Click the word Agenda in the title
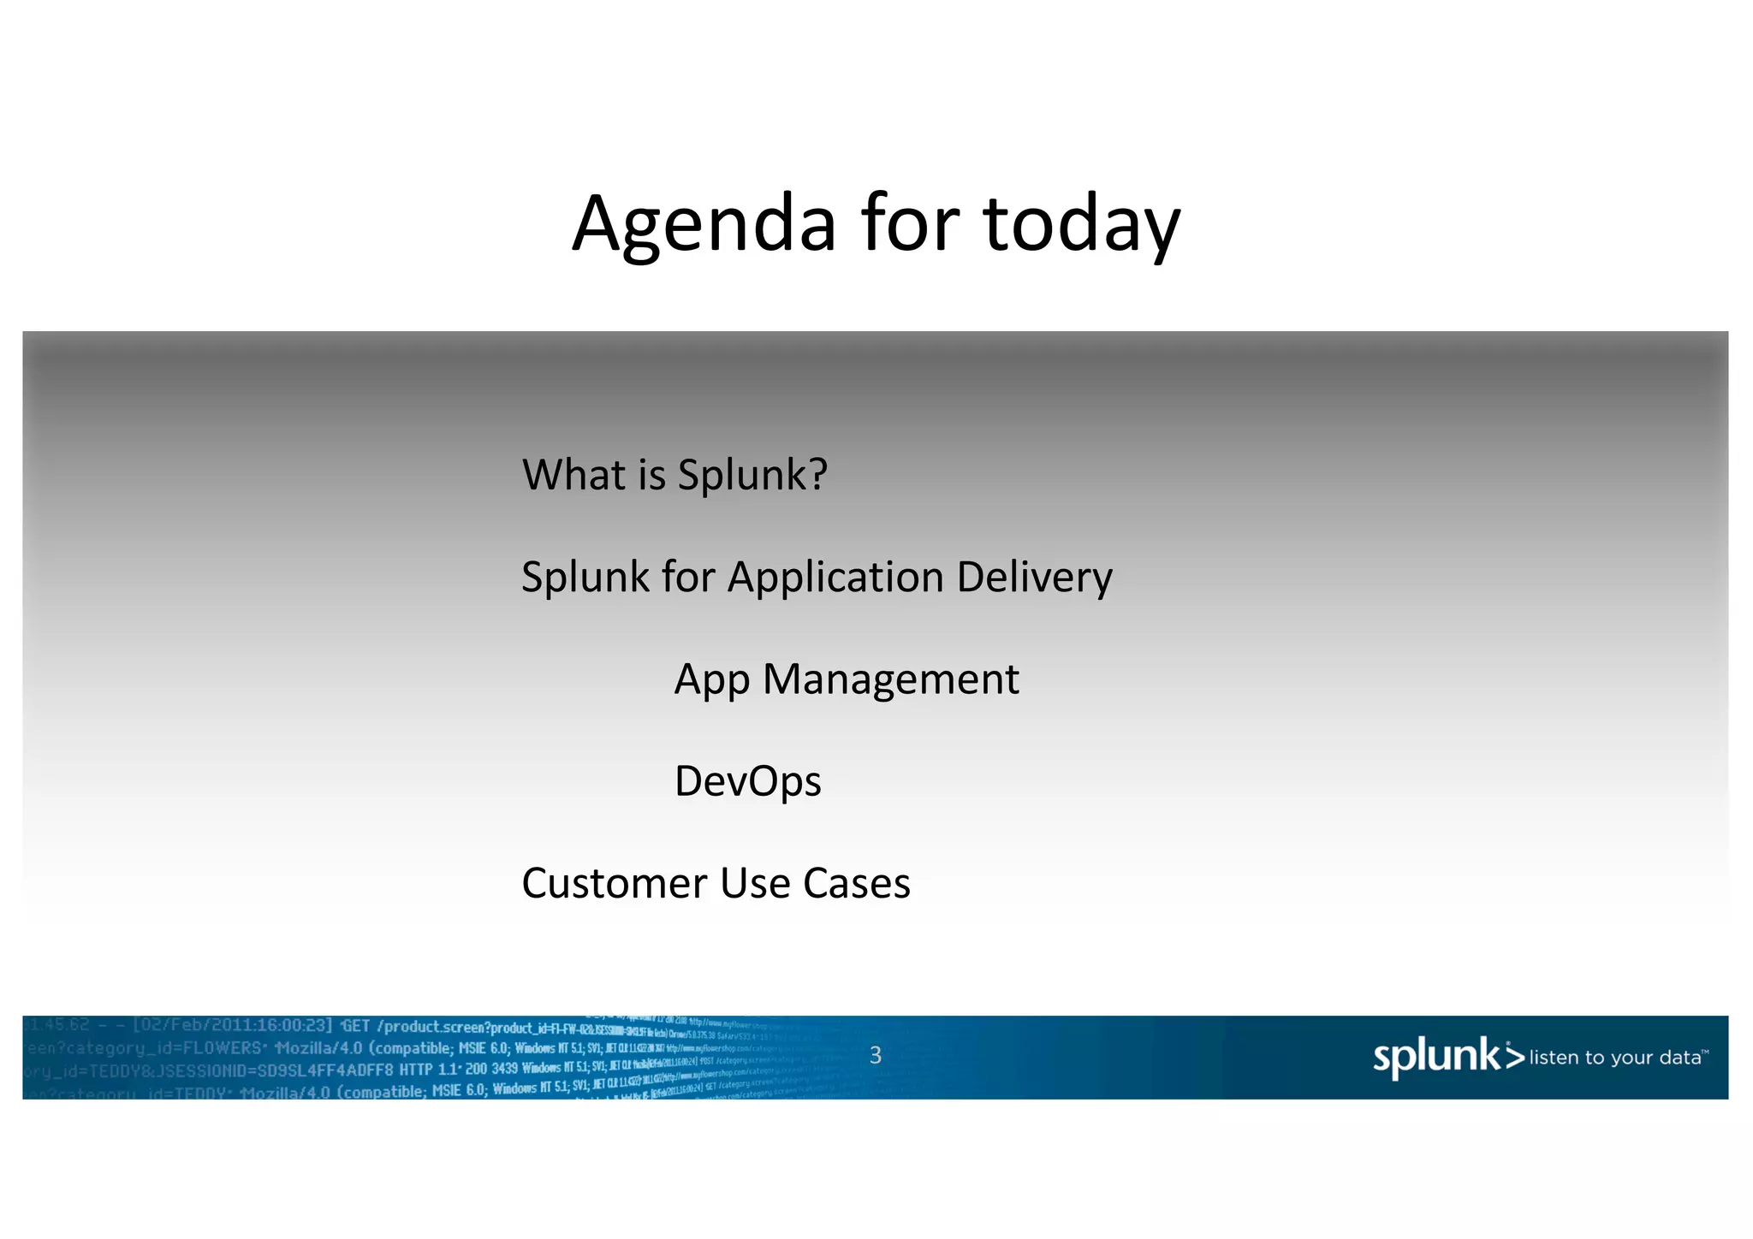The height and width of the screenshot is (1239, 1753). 704,224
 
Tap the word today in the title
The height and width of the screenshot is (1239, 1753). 1082,224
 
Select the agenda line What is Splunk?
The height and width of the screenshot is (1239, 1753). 674,474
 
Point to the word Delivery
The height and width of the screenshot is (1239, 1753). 1034,577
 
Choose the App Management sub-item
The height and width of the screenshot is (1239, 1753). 846,679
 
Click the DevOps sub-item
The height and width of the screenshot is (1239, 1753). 747,781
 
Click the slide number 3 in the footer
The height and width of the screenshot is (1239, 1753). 875,1055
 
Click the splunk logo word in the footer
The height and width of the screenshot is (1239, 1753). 1435,1057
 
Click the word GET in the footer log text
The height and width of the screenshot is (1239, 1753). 356,1026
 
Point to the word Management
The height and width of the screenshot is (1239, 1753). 890,679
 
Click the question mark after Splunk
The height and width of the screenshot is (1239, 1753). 818,474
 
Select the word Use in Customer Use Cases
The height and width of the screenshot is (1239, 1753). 755,883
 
